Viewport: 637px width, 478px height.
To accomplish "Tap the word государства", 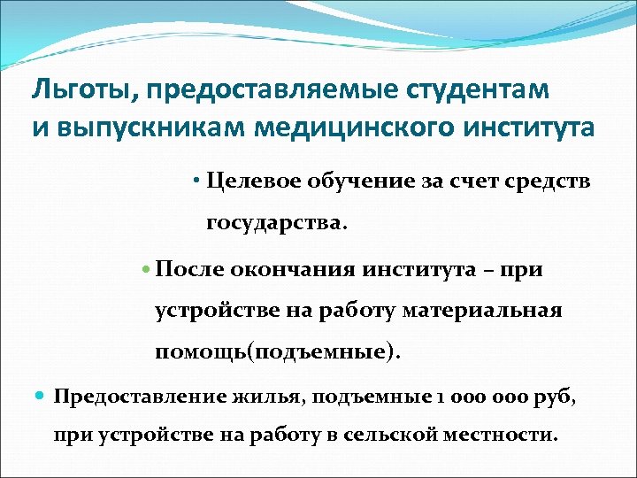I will click(275, 222).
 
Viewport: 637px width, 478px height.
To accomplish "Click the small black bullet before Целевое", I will click(196, 182).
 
